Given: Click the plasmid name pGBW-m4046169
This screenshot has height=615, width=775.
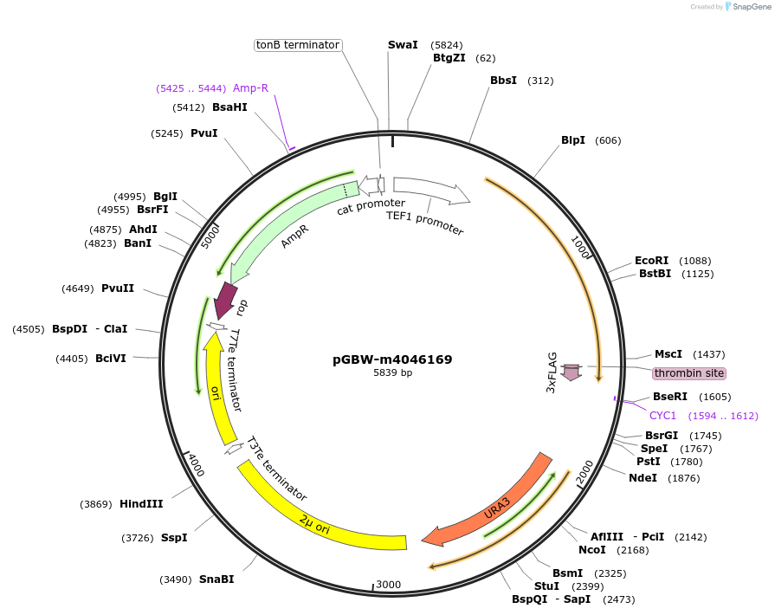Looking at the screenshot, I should (392, 359).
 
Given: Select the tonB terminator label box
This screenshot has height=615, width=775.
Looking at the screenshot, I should (298, 45).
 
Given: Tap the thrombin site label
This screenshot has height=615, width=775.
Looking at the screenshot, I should (689, 373).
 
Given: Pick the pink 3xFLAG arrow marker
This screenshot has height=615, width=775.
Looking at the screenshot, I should (571, 372).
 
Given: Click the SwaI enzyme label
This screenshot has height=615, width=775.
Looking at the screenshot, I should (403, 44).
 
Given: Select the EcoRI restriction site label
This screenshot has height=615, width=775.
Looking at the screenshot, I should (652, 260).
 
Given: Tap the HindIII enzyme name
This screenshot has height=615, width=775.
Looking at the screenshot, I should (141, 504).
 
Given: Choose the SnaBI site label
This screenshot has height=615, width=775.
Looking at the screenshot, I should (216, 579).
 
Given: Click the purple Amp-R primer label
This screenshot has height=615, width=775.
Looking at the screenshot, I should (250, 88).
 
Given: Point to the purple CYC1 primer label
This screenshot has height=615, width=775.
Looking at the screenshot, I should (663, 416).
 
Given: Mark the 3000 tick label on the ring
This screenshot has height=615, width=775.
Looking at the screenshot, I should (389, 585).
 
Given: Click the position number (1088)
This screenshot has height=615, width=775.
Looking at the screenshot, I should (694, 261).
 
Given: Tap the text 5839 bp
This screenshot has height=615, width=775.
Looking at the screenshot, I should (392, 373).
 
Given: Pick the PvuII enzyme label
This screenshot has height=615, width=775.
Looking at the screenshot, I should (118, 288).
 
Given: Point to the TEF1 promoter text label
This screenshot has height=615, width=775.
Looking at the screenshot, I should (425, 223).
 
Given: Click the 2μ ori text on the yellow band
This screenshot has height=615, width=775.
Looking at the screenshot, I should (315, 521).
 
